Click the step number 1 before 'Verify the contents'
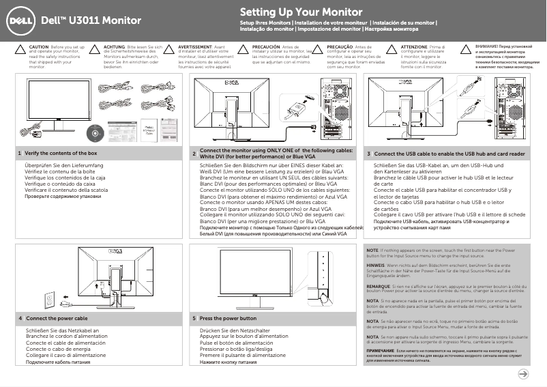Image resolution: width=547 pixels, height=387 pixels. click(x=20, y=154)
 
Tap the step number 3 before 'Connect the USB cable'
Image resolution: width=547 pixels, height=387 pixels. click(x=369, y=154)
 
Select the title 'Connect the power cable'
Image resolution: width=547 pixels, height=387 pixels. click(x=57, y=319)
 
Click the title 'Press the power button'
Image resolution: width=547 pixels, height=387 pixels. click(x=228, y=319)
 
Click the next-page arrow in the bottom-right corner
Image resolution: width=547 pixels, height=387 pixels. click(x=522, y=373)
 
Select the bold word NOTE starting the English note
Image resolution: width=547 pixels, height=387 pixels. click(x=372, y=250)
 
